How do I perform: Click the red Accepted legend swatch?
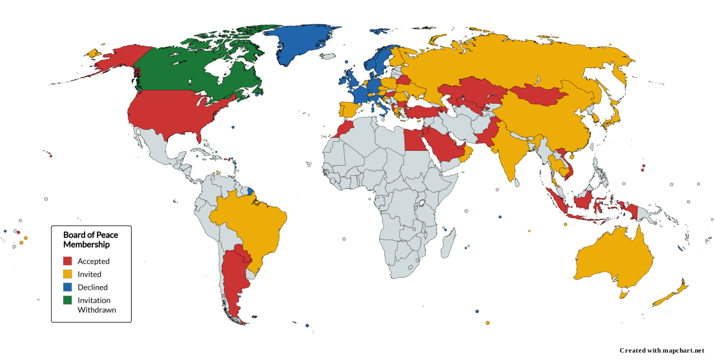[x=68, y=261]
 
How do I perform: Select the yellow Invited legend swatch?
[x=68, y=274]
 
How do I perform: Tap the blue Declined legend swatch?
[x=68, y=287]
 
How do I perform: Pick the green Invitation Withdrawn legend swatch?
[x=68, y=300]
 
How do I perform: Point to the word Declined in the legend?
[x=92, y=287]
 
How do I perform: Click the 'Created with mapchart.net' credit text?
[x=662, y=350]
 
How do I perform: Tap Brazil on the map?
[x=250, y=221]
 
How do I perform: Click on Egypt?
[x=415, y=140]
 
